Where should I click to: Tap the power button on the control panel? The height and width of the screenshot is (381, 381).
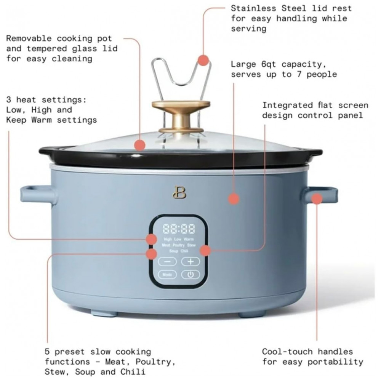pos(190,275)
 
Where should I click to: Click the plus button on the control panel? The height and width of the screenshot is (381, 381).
pos(190,261)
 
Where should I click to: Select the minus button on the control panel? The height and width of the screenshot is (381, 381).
pos(167,261)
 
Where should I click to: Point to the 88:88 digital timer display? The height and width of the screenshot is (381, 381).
pos(179,229)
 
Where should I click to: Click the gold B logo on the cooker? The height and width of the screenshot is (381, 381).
pos(179,192)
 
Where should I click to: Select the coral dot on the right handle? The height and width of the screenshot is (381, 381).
pos(317,199)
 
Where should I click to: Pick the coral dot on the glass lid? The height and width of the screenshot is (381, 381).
pos(140,145)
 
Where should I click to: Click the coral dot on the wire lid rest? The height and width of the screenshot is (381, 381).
pos(203,60)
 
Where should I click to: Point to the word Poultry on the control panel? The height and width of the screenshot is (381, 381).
pos(179,245)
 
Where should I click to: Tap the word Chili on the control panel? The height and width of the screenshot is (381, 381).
pos(184,251)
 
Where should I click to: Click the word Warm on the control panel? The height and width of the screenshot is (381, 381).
pos(189,239)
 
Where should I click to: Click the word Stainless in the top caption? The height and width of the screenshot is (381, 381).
pos(253,8)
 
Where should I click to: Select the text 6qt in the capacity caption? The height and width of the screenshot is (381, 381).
pos(269,65)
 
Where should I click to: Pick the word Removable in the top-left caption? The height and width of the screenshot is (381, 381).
pos(29,38)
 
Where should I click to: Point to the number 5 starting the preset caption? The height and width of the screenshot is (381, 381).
pos(47,352)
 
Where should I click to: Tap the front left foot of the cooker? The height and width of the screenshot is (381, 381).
pos(104,313)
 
